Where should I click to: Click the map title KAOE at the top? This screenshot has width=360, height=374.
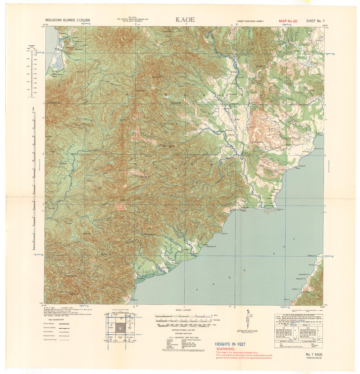185,20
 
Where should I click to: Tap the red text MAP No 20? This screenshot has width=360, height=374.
288,21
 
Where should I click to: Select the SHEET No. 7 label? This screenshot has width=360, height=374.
315,21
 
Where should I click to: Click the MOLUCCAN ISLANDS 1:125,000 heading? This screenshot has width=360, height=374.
68,21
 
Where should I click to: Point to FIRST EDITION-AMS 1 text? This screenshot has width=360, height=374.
250,22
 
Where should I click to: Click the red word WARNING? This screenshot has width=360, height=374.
225,349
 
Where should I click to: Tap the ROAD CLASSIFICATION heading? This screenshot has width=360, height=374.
51,320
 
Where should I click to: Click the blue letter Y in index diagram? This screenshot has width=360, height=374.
112,325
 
